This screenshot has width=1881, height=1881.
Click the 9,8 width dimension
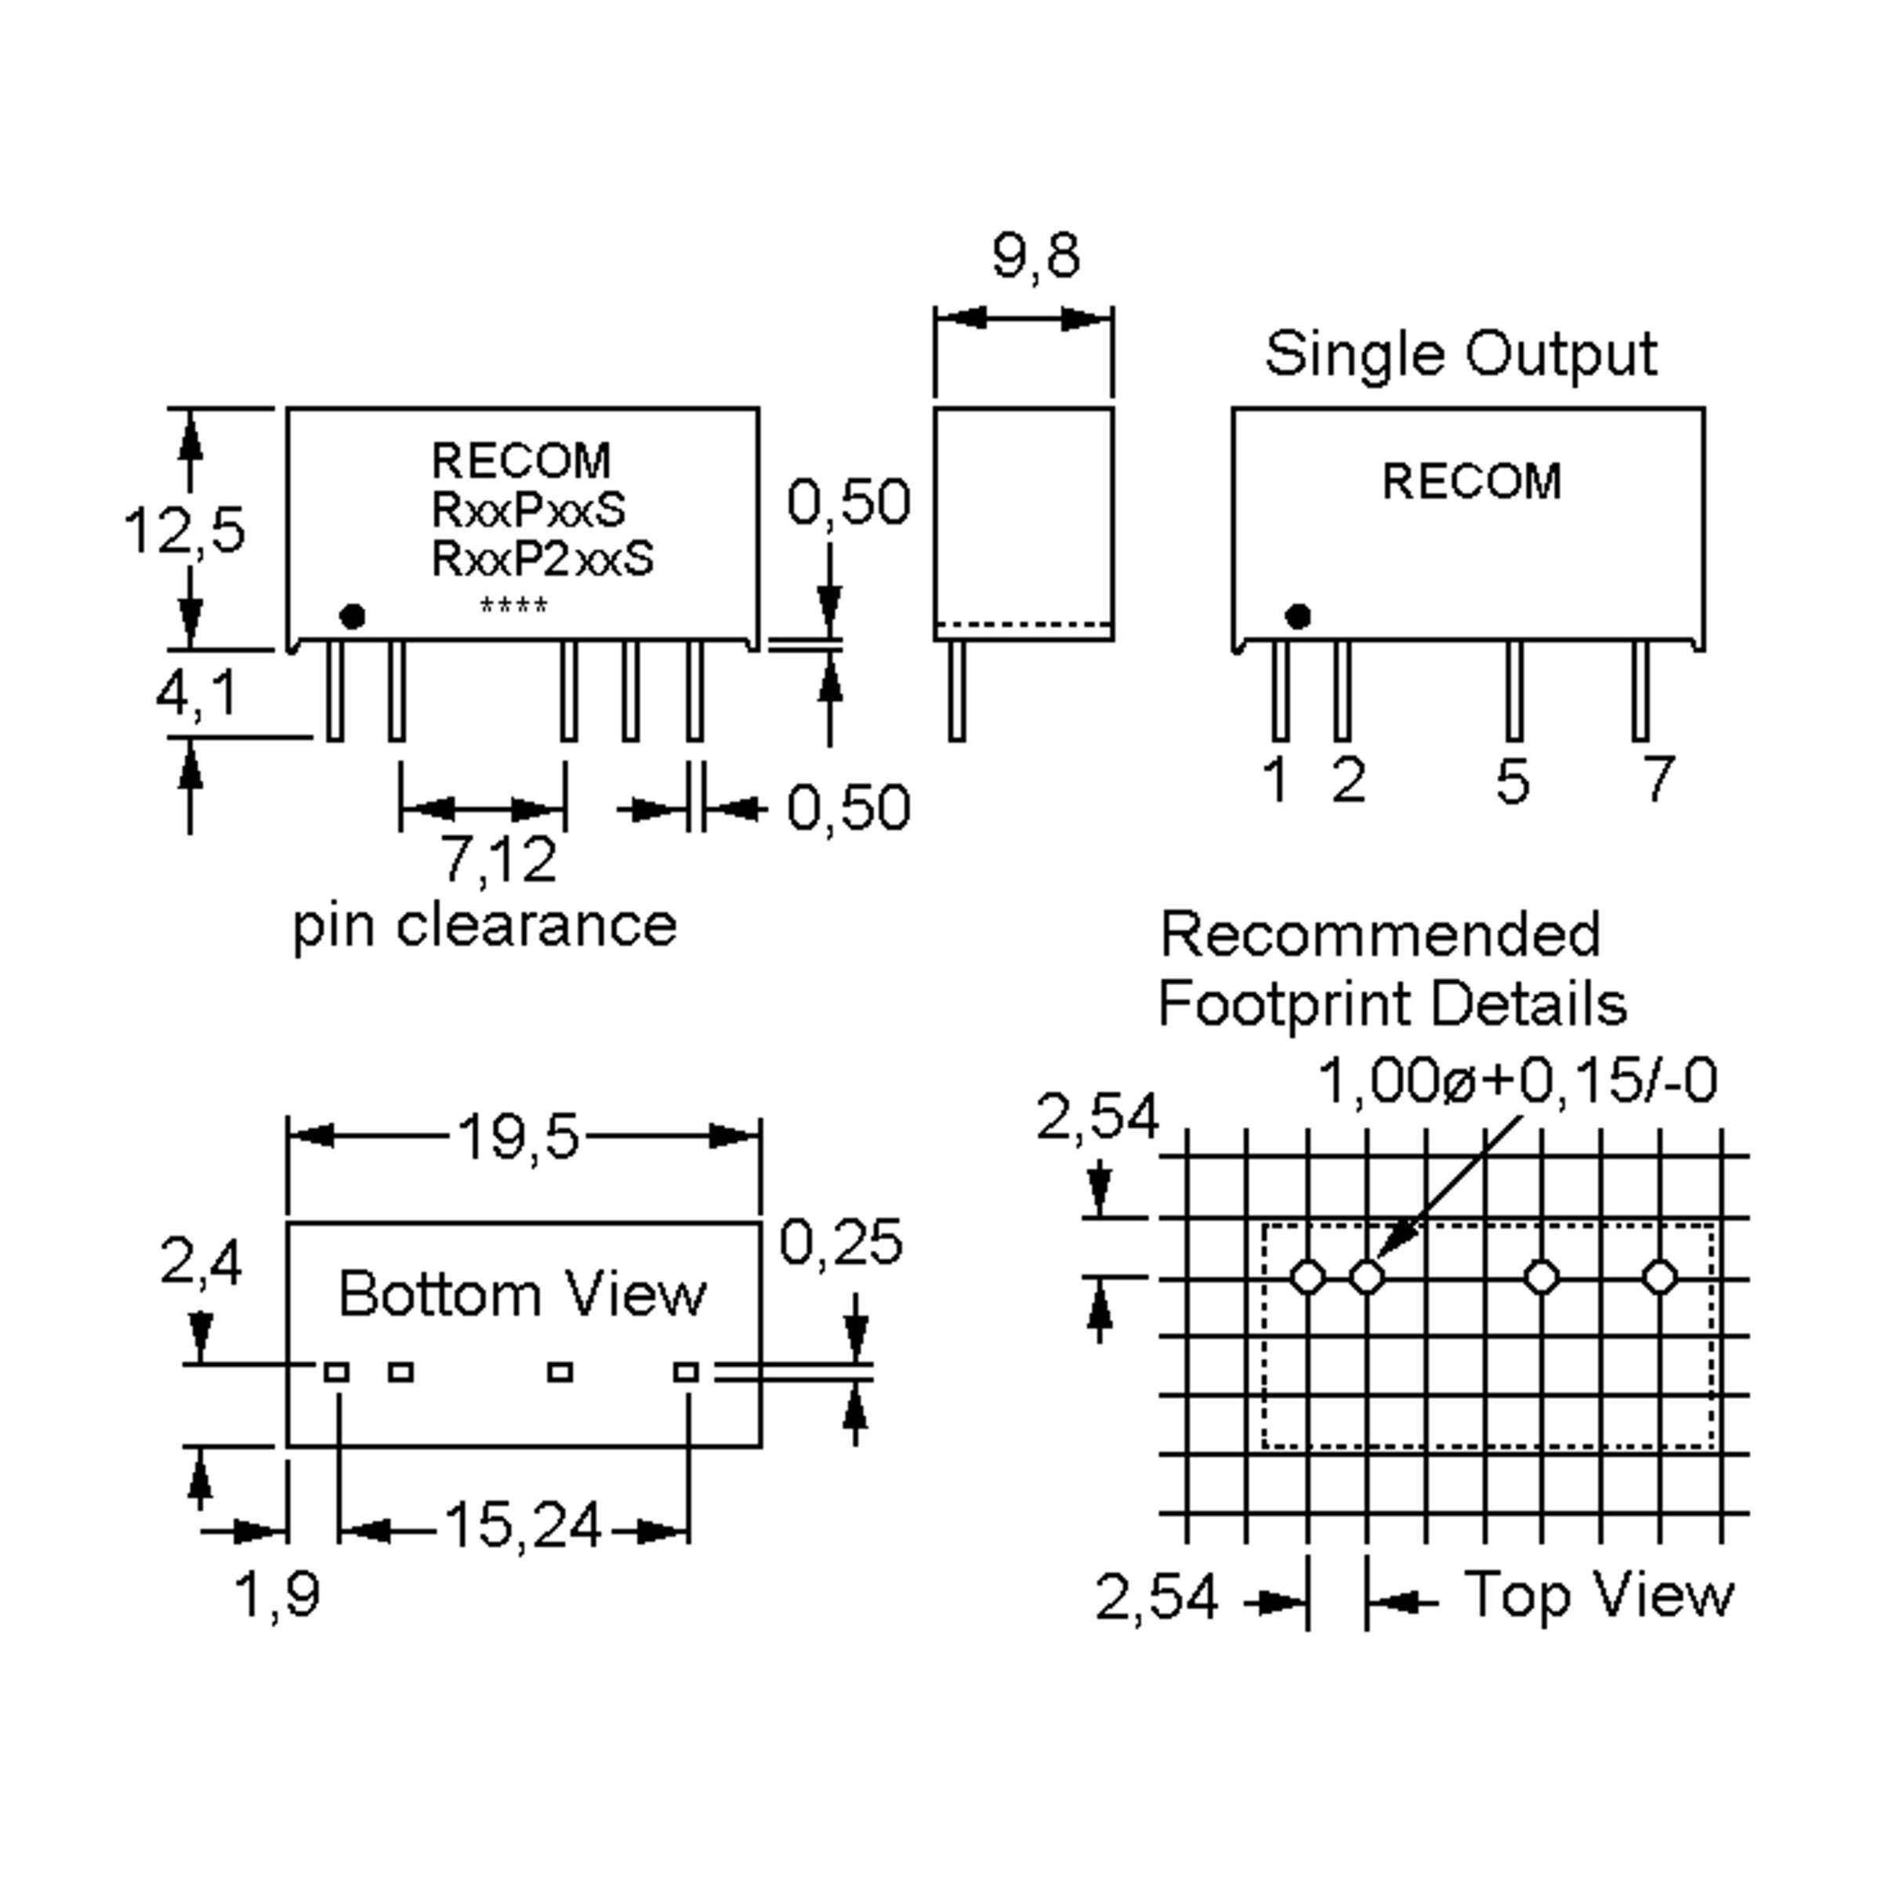point(1036,256)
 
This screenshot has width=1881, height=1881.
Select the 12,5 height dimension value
point(184,531)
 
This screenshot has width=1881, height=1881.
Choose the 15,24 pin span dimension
point(523,1524)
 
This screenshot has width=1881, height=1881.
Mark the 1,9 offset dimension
point(277,1596)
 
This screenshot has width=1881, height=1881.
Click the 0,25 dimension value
point(841,1242)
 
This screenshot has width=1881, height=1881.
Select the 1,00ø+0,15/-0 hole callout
point(1517,1081)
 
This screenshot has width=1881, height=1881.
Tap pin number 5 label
point(1512,781)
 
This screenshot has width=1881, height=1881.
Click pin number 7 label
point(1658,779)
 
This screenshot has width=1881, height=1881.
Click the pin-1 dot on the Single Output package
point(1298,616)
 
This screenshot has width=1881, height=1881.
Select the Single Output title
point(1460,353)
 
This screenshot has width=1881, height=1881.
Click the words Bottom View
point(523,1294)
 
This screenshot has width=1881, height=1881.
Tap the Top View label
point(1599,1595)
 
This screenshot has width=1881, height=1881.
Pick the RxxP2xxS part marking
point(542,559)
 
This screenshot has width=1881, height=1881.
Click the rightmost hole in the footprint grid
point(1660,1277)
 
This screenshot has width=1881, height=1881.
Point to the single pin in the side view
point(957,690)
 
